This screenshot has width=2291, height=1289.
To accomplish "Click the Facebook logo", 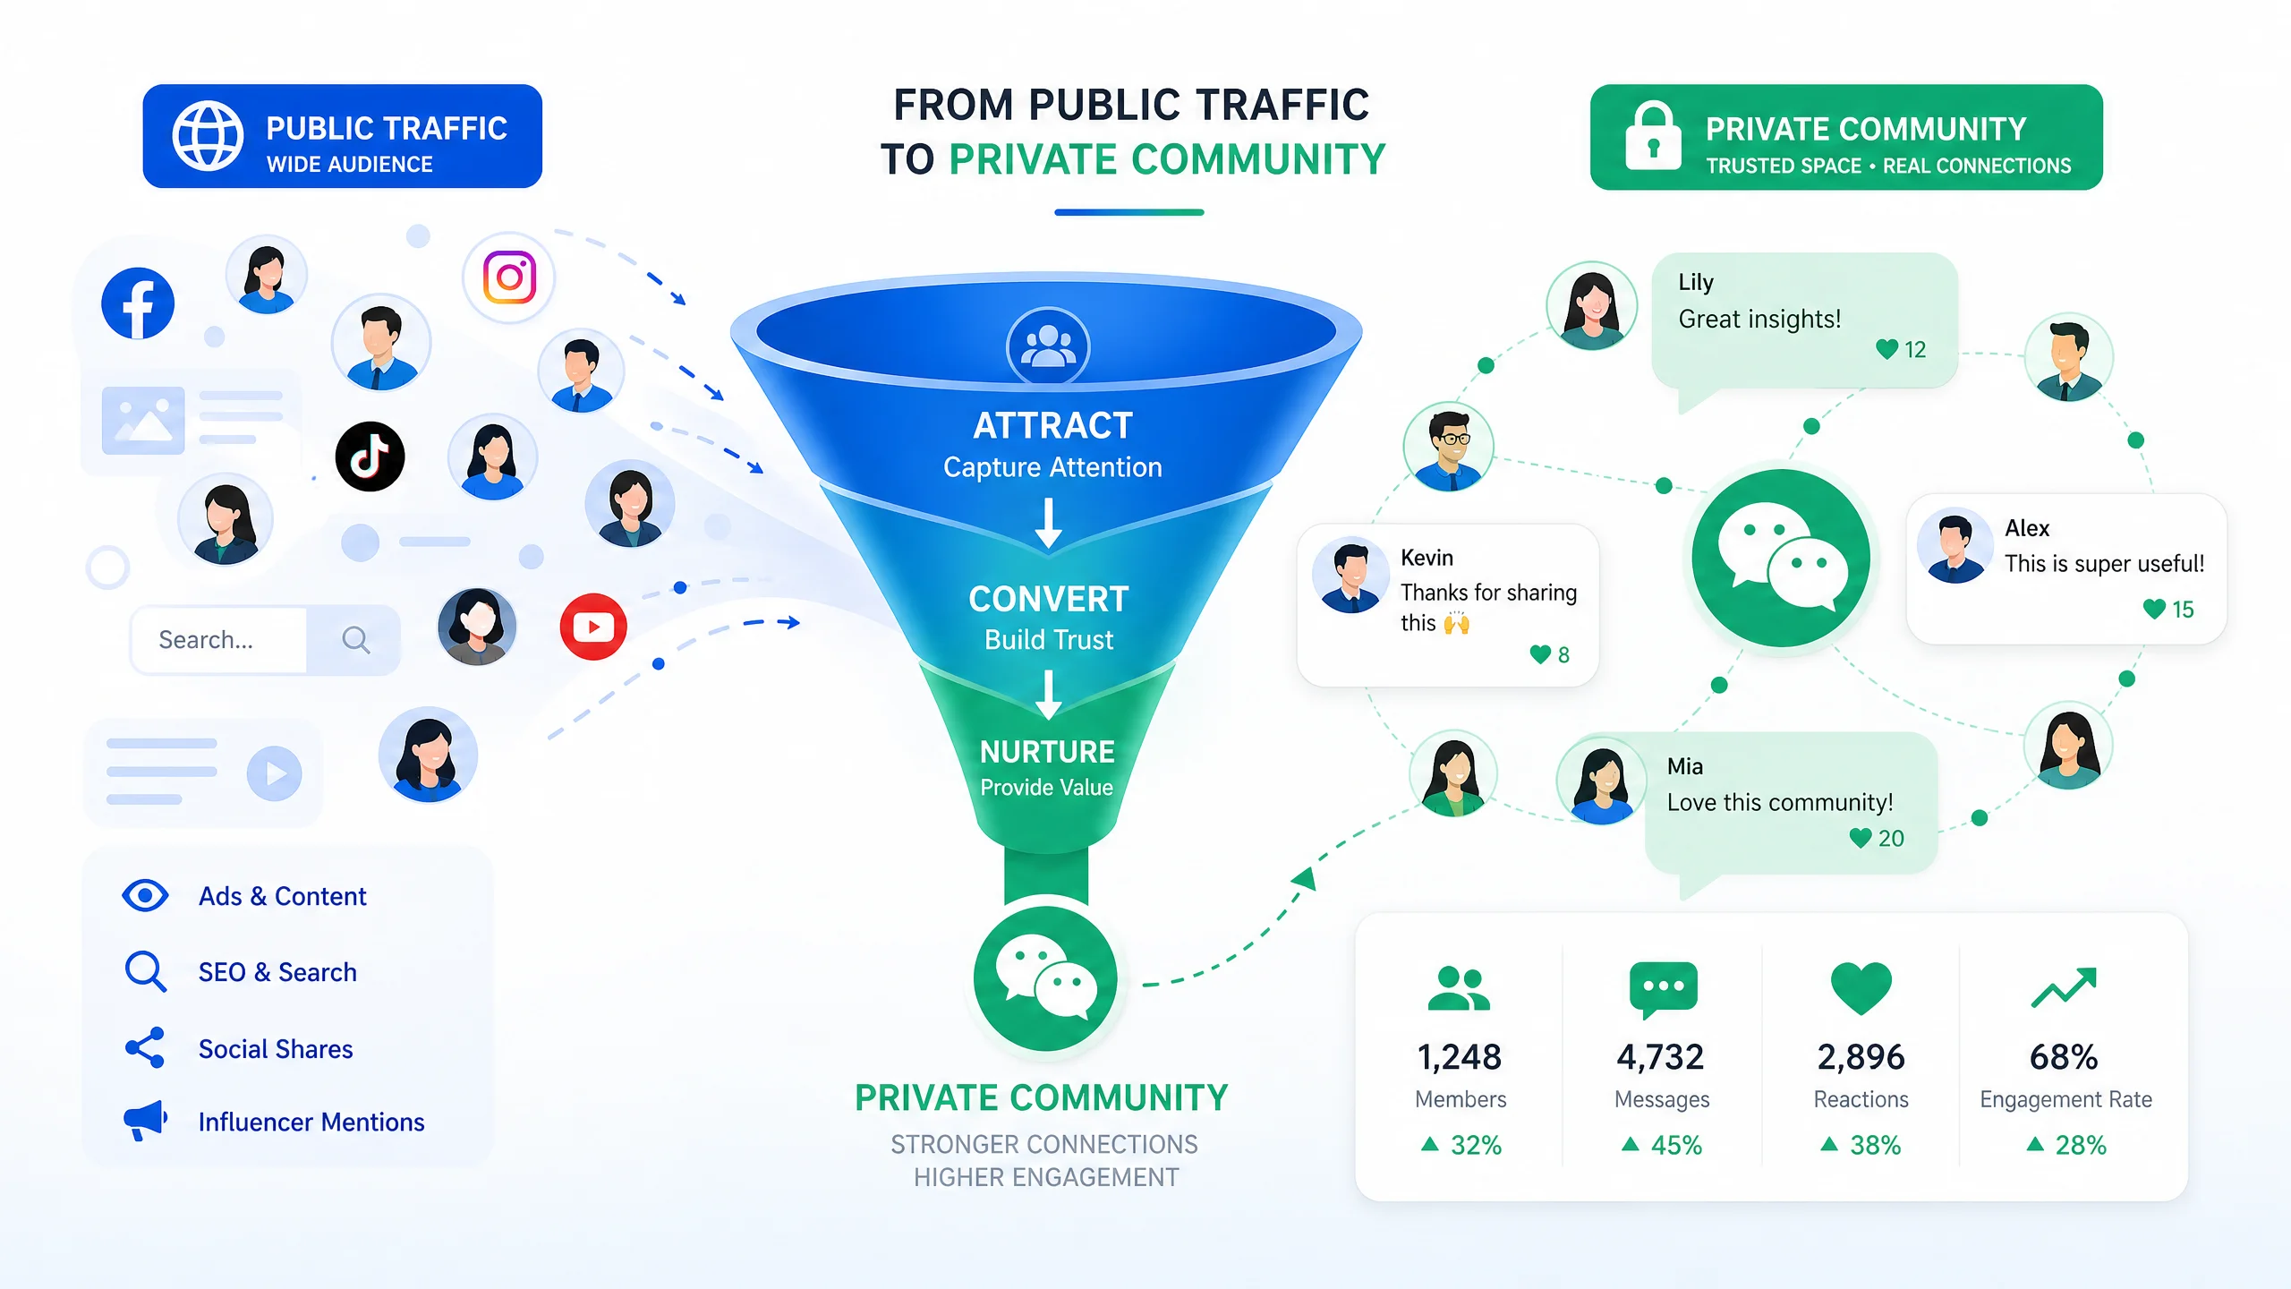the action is pos(138,303).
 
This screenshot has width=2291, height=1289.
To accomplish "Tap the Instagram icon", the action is pos(509,277).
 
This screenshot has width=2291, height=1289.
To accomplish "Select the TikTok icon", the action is pos(370,457).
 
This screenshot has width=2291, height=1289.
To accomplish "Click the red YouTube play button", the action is pos(593,627).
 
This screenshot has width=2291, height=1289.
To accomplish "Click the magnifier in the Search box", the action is pos(355,639).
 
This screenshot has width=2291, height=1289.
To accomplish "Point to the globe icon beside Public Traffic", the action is pos(208,136).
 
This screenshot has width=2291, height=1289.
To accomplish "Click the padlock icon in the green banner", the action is pos(1653,136).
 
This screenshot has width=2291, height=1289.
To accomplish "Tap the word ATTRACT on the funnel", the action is pos(1052,425).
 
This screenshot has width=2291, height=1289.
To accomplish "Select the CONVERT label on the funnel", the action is pos(1049,599).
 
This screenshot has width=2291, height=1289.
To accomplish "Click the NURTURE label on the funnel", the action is pos(1047,751).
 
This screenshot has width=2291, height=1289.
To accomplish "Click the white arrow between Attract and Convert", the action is pos(1049,524).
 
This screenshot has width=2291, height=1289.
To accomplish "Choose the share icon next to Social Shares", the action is pos(145,1047).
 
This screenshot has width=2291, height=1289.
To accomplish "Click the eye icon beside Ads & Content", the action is pos(145,895).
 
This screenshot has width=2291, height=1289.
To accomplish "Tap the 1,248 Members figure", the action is pos(1460,1057).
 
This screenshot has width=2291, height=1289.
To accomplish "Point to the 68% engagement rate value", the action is pos(2064,1057).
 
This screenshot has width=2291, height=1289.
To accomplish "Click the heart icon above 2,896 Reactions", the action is pos(1861,988).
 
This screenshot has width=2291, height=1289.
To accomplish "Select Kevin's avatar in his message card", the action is pos(1351,575).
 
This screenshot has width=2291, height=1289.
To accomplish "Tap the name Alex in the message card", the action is pos(2027,528).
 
